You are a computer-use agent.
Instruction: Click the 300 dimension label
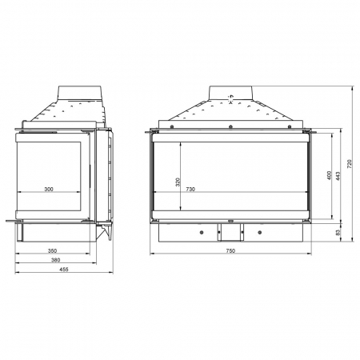[x=48, y=189]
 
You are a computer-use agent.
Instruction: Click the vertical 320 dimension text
[x=178, y=182]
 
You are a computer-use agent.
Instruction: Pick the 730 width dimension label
[x=190, y=189]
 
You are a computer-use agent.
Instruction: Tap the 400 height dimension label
[x=328, y=176]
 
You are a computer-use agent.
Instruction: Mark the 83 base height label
[x=338, y=232]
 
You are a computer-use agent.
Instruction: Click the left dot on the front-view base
[x=200, y=233]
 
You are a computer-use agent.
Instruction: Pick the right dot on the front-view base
[x=259, y=233]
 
